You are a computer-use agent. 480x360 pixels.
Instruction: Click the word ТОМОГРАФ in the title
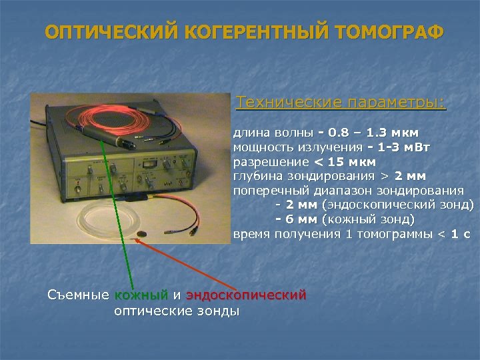[x=387, y=33]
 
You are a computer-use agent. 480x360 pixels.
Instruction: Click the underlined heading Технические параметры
[x=341, y=103]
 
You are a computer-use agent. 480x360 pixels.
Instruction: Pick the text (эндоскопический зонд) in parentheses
[x=398, y=205]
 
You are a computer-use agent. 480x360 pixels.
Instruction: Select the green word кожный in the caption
[x=141, y=295]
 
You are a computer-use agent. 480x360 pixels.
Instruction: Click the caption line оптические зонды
[x=177, y=311]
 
